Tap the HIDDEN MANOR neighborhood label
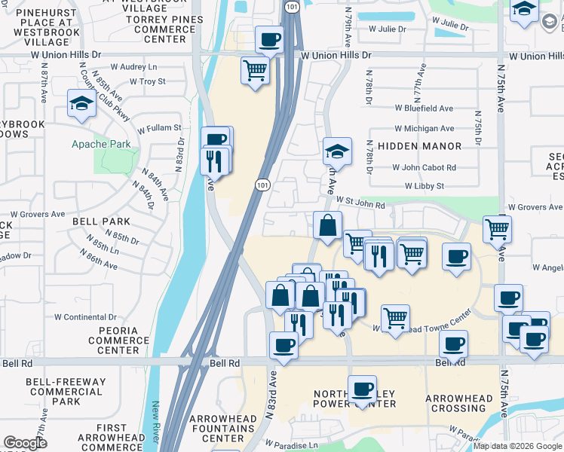419,146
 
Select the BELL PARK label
101,222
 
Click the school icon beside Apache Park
81,105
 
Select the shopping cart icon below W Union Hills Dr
256,72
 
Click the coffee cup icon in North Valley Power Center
363,389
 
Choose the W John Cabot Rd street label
424,168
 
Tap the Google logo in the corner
26,443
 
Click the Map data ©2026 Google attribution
517,446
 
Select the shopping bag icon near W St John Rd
328,225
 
